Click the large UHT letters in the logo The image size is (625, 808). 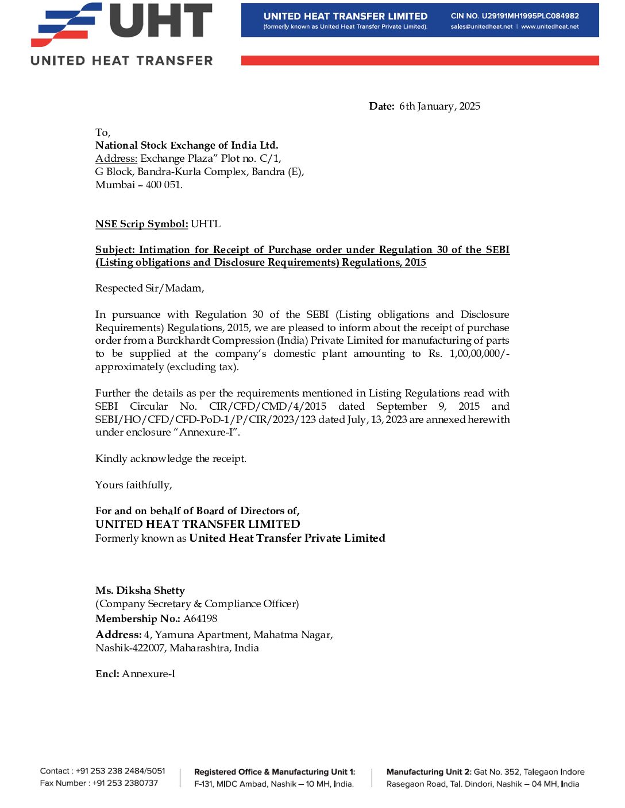pos(161,21)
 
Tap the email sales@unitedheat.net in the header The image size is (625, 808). pos(481,27)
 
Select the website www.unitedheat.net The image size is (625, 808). pos(550,27)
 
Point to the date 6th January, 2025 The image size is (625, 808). pos(439,106)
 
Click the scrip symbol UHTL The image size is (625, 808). pos(206,224)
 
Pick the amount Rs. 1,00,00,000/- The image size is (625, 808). pos(468,353)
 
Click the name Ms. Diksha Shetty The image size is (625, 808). pos(140,591)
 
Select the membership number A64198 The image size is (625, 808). pos(200,619)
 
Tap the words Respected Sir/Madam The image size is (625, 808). pos(149,288)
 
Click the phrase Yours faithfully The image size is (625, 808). pos(133,485)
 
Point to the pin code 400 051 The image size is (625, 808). pos(164,185)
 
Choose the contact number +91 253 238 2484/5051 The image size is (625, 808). pos(121,771)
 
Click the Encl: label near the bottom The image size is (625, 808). pos(107,674)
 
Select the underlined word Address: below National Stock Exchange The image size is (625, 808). pos(116,158)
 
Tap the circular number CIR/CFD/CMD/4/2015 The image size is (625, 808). pos(268,406)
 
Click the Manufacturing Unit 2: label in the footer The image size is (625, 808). pos(429,772)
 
